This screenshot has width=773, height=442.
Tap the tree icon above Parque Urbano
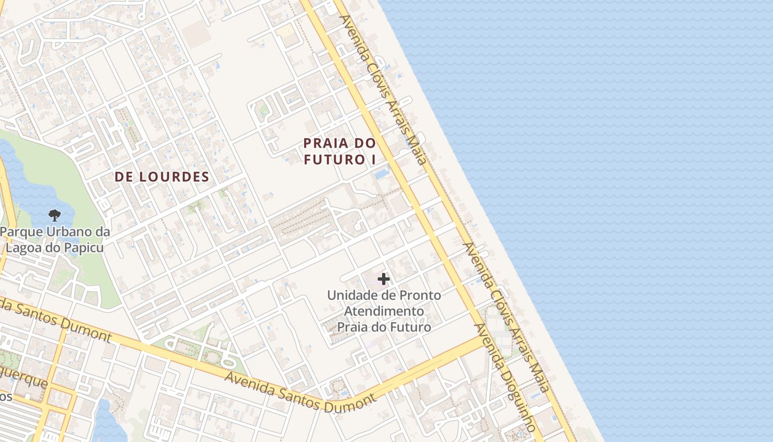click(x=54, y=215)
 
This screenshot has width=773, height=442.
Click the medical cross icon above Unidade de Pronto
click(x=384, y=280)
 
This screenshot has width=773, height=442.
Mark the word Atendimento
click(x=384, y=311)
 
